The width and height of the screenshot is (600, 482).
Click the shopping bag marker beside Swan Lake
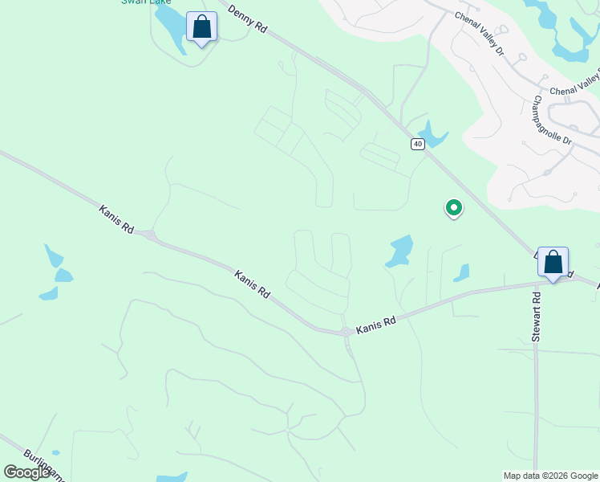coord(202,27)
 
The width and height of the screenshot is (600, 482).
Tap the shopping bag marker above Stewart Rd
coord(553,262)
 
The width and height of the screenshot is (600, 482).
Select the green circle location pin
coord(453,208)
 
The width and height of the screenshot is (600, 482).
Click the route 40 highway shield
coord(417,144)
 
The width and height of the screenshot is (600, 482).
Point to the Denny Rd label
coord(247,19)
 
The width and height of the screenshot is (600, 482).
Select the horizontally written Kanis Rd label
coord(377,321)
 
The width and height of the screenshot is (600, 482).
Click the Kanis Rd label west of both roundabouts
coord(117,219)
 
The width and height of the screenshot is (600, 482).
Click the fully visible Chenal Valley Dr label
coord(479,33)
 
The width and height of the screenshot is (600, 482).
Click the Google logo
coord(26,472)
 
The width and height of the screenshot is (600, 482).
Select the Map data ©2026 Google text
coord(550,476)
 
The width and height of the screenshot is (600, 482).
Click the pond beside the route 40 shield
coord(432,135)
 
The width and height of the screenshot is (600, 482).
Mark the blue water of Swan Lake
coord(170,28)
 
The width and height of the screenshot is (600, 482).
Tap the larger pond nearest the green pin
coord(399,251)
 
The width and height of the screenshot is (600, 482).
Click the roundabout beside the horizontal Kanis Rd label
coord(346,332)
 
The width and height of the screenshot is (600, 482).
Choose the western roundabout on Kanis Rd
coord(149,235)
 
